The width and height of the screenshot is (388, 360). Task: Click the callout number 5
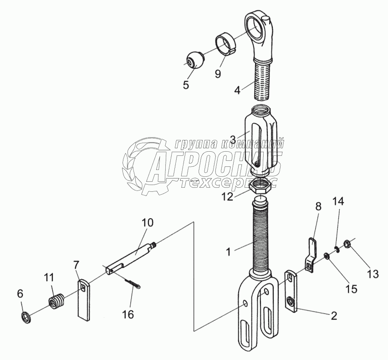point(186,85)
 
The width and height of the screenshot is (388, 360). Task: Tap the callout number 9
point(218,73)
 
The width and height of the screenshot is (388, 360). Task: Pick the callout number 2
point(334,315)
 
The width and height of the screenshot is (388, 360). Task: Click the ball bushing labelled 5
point(196,60)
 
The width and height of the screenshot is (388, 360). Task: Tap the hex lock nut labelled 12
point(260,186)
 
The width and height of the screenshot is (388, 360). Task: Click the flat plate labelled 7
point(83,300)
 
